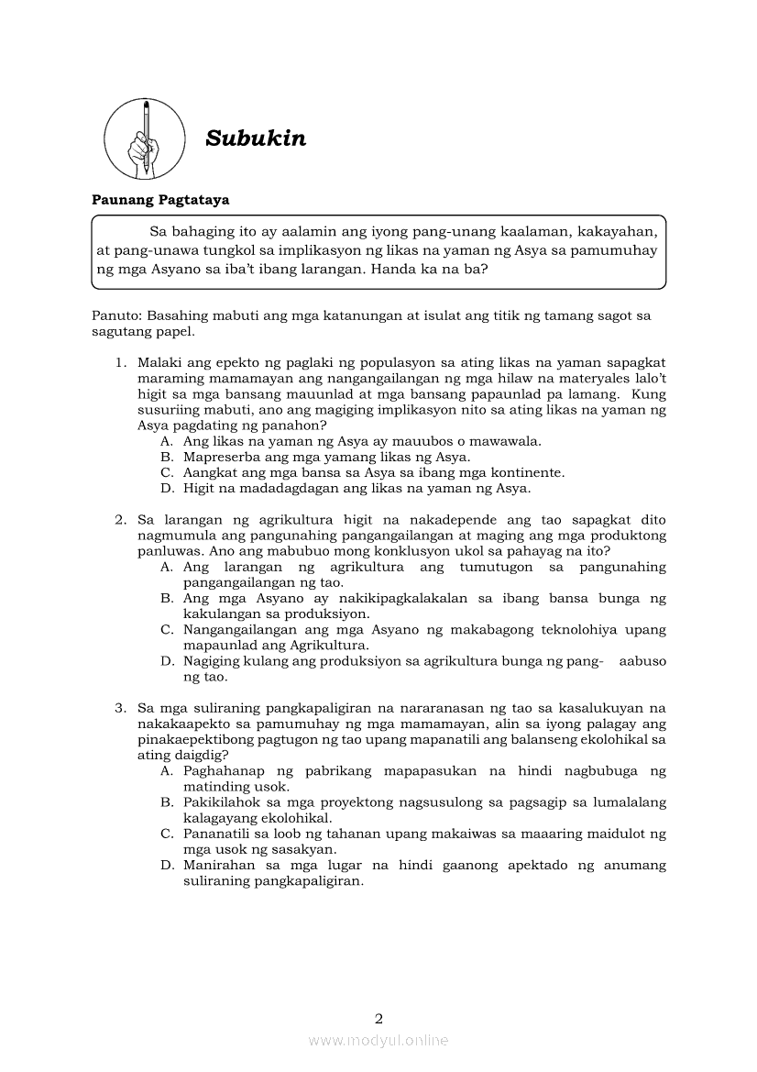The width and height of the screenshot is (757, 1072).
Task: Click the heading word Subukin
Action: click(x=256, y=138)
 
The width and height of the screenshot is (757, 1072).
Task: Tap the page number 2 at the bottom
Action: click(x=378, y=1018)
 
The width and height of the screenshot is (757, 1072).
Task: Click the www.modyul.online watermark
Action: click(x=378, y=1041)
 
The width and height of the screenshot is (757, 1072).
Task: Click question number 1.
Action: click(x=120, y=363)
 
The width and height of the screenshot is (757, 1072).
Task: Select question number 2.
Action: click(x=120, y=520)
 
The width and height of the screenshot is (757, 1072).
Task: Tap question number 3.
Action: click(x=120, y=708)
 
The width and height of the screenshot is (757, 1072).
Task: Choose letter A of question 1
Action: click(x=166, y=441)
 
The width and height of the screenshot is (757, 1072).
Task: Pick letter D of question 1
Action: click(x=166, y=489)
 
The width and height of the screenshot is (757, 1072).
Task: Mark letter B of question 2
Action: click(x=166, y=599)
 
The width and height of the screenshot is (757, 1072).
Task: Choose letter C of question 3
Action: click(x=166, y=834)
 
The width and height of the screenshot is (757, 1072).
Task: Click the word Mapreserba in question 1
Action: click(x=220, y=457)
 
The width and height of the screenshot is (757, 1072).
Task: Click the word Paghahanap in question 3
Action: click(x=224, y=771)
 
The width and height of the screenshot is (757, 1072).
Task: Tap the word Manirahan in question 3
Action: click(x=217, y=866)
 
